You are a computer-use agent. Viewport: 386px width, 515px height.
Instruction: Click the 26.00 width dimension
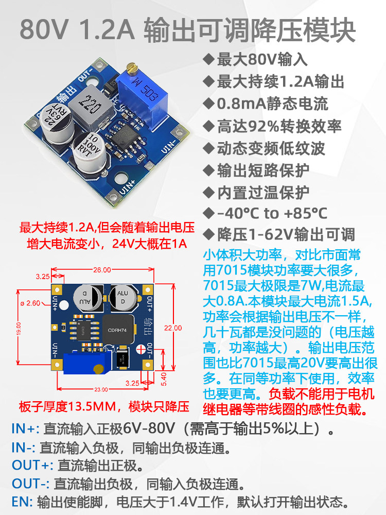[x=102, y=270]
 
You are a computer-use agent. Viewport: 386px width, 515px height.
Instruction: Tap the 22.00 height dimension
[x=173, y=328]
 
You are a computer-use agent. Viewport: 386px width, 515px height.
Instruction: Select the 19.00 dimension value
[x=19, y=328]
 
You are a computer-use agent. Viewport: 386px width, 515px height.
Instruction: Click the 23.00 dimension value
[x=101, y=389]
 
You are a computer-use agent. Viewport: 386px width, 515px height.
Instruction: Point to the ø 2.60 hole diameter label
[x=30, y=303]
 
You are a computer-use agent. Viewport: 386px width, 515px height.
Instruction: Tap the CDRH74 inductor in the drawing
[x=118, y=330]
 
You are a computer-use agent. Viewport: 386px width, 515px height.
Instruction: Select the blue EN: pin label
[x=22, y=502]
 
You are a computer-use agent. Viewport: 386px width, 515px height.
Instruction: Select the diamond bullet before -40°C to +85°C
[x=209, y=213]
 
